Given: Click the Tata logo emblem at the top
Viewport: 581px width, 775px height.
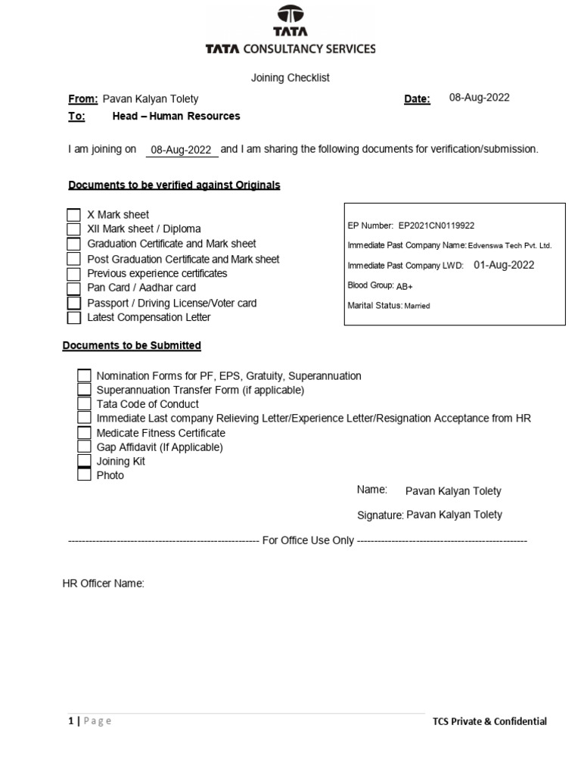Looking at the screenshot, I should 290,14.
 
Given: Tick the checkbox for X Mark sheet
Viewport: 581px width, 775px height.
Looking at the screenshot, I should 73,215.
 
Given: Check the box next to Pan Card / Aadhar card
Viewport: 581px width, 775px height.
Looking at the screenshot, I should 73,288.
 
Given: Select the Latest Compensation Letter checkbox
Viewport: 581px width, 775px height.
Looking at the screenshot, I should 73,318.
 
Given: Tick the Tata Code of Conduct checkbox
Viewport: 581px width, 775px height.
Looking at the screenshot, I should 84,404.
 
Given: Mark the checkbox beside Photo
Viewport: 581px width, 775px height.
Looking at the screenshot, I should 84,476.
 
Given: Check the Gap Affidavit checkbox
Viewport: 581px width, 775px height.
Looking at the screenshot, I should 84,447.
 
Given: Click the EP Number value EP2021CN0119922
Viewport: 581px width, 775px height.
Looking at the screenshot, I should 437,226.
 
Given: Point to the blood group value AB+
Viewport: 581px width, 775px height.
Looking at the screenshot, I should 405,286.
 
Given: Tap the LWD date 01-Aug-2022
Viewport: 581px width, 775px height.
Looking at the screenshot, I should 504,265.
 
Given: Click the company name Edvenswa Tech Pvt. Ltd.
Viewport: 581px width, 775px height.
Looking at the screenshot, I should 510,246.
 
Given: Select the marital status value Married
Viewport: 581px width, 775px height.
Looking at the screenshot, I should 417,307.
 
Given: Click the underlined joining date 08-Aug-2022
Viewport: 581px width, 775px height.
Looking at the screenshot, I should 181,150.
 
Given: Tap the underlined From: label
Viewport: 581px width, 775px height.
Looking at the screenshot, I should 83,99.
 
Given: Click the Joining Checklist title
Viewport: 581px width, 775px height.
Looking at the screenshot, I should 290,78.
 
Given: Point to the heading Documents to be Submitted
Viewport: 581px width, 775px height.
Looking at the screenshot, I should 132,346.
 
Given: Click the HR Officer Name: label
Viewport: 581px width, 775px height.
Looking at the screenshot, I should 103,584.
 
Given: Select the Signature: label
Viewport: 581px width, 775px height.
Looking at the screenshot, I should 380,515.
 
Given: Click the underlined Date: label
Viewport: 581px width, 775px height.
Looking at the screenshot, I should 417,99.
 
